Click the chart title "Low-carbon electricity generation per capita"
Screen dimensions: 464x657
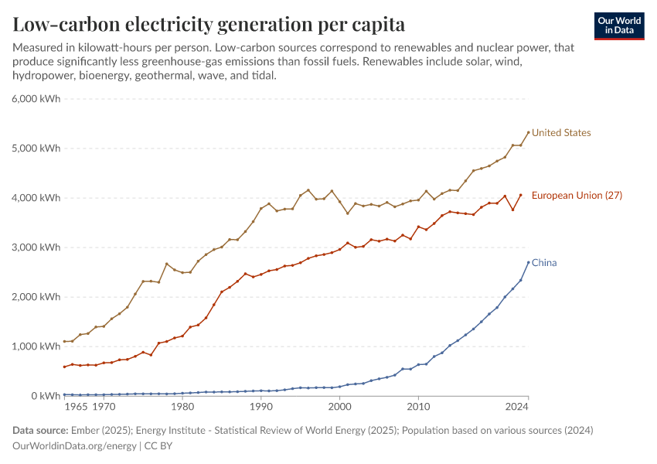209,24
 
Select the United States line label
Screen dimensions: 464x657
561,133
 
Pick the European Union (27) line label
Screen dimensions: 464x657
577,196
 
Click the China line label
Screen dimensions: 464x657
544,263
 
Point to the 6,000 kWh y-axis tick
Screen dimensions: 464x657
36,99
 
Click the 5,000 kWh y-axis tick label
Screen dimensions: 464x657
36,148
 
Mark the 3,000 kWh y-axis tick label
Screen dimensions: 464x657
36,247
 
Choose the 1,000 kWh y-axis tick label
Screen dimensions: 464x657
36,346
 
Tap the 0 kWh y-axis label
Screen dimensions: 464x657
45,396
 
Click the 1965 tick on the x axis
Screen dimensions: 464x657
76,406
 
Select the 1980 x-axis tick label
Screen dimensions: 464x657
182,406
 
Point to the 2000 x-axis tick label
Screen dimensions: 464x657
339,406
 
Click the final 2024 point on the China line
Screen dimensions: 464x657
529,262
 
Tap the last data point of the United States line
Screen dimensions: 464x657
529,132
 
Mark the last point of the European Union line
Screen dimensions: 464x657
521,195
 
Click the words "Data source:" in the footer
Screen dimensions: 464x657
40,430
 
